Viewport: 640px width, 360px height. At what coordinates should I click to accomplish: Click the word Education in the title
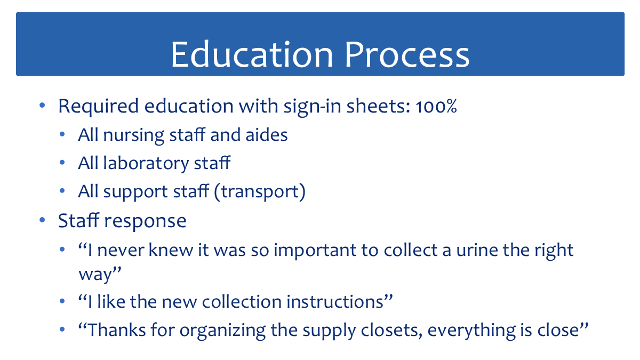[252, 54]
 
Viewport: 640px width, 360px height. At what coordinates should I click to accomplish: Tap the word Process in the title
[407, 54]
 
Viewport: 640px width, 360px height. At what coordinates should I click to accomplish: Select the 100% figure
[436, 107]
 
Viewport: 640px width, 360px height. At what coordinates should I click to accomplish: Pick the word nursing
[134, 135]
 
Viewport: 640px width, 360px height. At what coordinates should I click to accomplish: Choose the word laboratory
[146, 164]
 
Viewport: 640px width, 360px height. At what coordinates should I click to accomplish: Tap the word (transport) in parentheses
[260, 192]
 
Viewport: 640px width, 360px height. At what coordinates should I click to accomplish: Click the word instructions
[339, 302]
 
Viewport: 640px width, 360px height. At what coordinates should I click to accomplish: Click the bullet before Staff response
[42, 220]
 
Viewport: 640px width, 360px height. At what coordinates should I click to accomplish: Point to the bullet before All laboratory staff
[62, 163]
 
